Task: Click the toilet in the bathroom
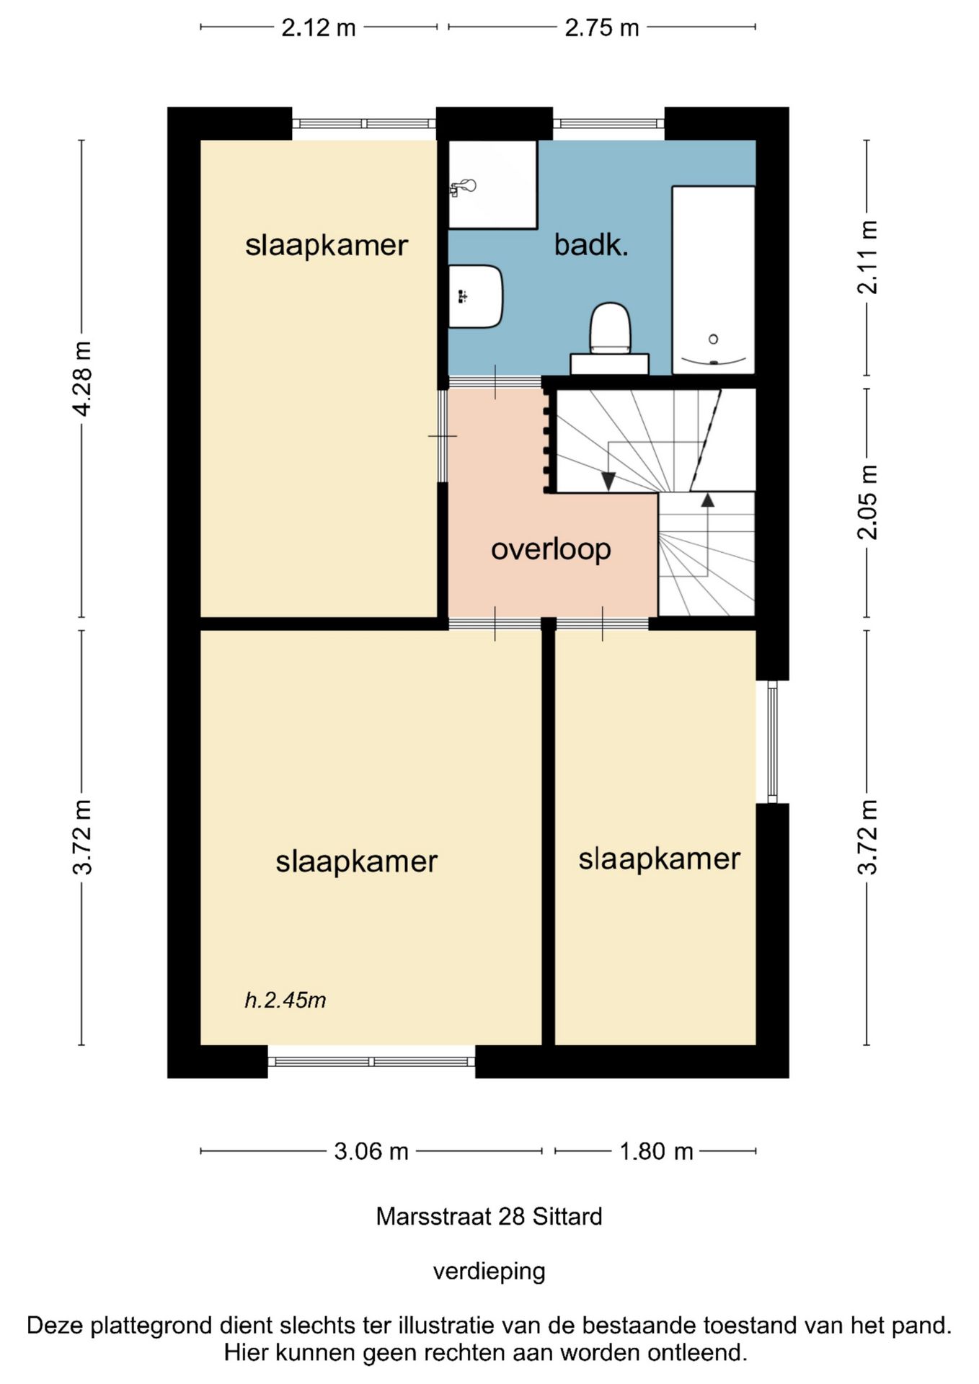(x=610, y=338)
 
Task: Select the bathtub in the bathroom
(x=714, y=280)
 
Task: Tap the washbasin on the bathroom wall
(x=475, y=296)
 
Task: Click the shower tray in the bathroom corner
(x=492, y=185)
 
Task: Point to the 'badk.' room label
(x=591, y=245)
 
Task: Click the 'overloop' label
(x=551, y=549)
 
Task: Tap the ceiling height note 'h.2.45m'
(x=285, y=1000)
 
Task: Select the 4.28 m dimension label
(x=82, y=378)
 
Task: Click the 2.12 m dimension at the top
(x=318, y=27)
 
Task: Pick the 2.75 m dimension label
(x=602, y=27)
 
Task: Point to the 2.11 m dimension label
(x=867, y=257)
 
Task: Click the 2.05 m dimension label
(x=867, y=502)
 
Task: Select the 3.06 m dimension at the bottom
(x=371, y=1151)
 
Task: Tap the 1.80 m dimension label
(x=656, y=1151)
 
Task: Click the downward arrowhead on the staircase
(x=608, y=481)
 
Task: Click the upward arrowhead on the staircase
(x=708, y=500)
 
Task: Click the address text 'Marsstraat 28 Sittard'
(x=489, y=1217)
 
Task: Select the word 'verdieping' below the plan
(x=489, y=1271)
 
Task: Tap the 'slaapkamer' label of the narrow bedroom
(x=660, y=859)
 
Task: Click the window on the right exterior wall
(x=772, y=741)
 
